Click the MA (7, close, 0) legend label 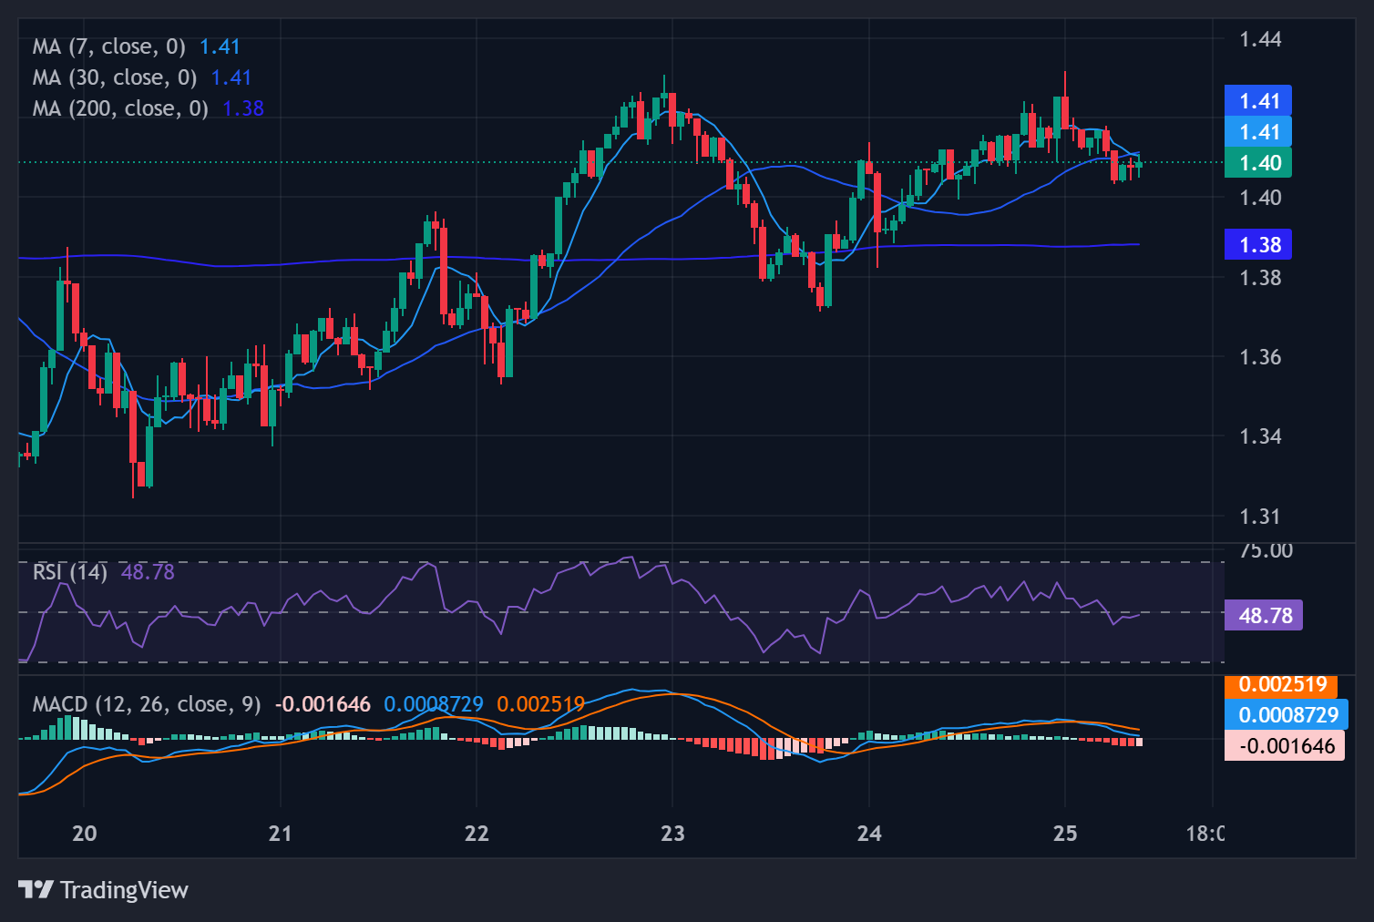(108, 46)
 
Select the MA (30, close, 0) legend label (115, 77)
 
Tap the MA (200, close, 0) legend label (120, 108)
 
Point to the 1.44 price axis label (1260, 39)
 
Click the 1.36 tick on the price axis (1260, 357)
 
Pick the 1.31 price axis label (1260, 517)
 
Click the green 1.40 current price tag (1258, 163)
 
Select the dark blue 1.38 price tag (1258, 245)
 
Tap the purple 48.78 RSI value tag (1264, 616)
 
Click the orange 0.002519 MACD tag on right (1282, 684)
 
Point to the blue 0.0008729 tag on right (1287, 715)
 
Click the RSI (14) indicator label (70, 572)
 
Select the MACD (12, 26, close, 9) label (147, 704)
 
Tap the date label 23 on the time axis (672, 834)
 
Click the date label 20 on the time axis (84, 834)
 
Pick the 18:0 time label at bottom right (1205, 834)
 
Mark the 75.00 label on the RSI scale (1266, 551)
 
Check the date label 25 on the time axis (1064, 834)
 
